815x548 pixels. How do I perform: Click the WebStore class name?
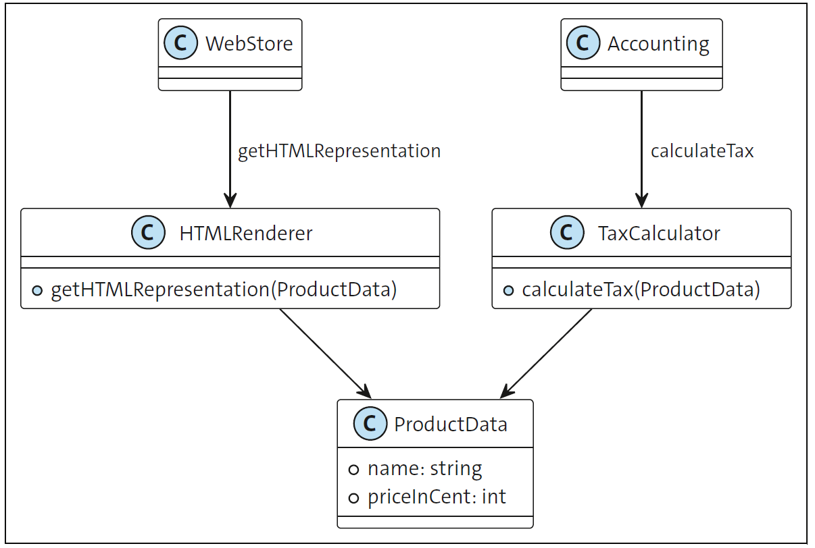(249, 44)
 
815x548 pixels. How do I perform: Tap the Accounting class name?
(658, 44)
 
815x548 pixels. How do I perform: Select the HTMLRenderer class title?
(246, 234)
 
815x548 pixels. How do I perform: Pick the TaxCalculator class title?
(659, 234)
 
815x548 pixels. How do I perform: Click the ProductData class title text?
(450, 424)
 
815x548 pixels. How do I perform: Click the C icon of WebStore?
(180, 43)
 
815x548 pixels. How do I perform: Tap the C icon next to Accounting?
(583, 43)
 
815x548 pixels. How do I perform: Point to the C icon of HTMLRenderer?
(148, 234)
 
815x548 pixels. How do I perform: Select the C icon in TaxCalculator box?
(566, 234)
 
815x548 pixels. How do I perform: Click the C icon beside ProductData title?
(370, 424)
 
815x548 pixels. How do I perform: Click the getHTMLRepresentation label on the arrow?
(339, 150)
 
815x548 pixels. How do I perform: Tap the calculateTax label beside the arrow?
(701, 150)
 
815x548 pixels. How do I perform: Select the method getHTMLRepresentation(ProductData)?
(223, 290)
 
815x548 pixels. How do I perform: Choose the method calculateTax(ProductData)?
(641, 290)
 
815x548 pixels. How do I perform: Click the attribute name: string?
(424, 469)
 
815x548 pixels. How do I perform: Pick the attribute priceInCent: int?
(437, 497)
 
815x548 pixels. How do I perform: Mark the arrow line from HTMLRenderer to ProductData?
(323, 351)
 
